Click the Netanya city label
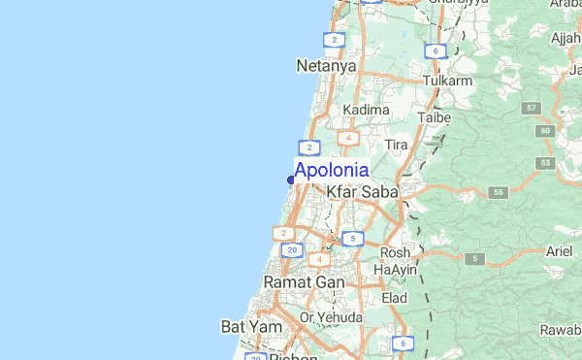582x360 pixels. pyautogui.click(x=325, y=66)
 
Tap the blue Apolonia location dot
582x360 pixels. pyautogui.click(x=291, y=180)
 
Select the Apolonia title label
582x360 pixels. pyautogui.click(x=331, y=170)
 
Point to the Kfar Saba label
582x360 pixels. pyautogui.click(x=362, y=192)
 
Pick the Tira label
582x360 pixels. pyautogui.click(x=396, y=145)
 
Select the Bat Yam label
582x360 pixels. pyautogui.click(x=251, y=327)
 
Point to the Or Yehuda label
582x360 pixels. pyautogui.click(x=332, y=317)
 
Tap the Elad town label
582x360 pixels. pyautogui.click(x=394, y=298)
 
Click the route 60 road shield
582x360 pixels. pyautogui.click(x=546, y=130)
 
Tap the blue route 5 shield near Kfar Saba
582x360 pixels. pyautogui.click(x=353, y=238)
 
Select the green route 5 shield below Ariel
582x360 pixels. pyautogui.click(x=474, y=258)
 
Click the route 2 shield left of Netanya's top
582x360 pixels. pyautogui.click(x=334, y=40)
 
